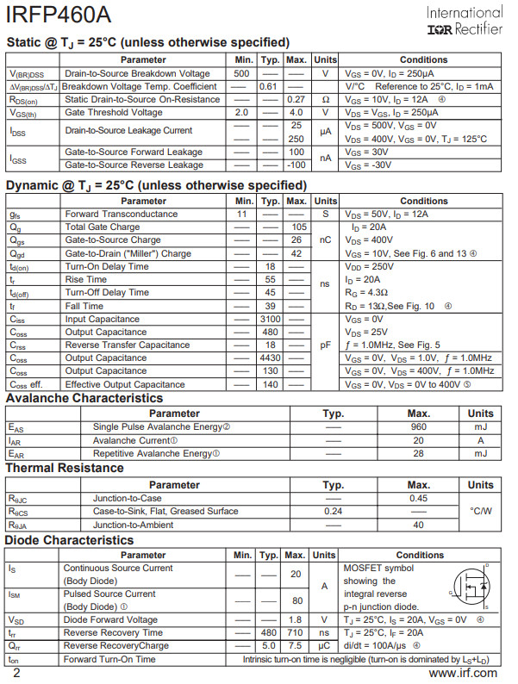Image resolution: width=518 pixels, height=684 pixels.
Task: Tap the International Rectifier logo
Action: (464, 22)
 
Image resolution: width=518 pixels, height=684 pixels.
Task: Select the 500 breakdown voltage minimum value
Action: (242, 73)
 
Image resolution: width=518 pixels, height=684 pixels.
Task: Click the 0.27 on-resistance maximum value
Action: (296, 99)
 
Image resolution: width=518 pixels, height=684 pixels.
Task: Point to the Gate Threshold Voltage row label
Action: (114, 113)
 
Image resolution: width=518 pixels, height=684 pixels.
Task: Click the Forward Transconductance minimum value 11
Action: (242, 214)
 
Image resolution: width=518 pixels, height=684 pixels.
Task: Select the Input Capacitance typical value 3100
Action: (271, 319)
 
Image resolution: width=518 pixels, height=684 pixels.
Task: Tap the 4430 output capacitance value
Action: (271, 358)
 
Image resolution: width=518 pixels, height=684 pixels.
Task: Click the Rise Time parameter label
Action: (86, 280)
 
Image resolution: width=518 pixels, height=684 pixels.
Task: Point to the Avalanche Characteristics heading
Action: (84, 399)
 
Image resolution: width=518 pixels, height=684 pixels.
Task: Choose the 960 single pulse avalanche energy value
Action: (419, 427)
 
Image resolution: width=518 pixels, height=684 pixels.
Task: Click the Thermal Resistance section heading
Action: (65, 469)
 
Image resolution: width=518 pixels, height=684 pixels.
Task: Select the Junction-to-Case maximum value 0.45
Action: (419, 498)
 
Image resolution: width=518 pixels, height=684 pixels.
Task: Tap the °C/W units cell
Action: (481, 511)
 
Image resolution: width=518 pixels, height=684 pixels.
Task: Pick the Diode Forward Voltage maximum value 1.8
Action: (296, 620)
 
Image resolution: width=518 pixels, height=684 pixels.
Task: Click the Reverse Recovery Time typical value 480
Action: (269, 633)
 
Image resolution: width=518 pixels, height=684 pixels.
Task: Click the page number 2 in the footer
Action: (16, 674)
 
